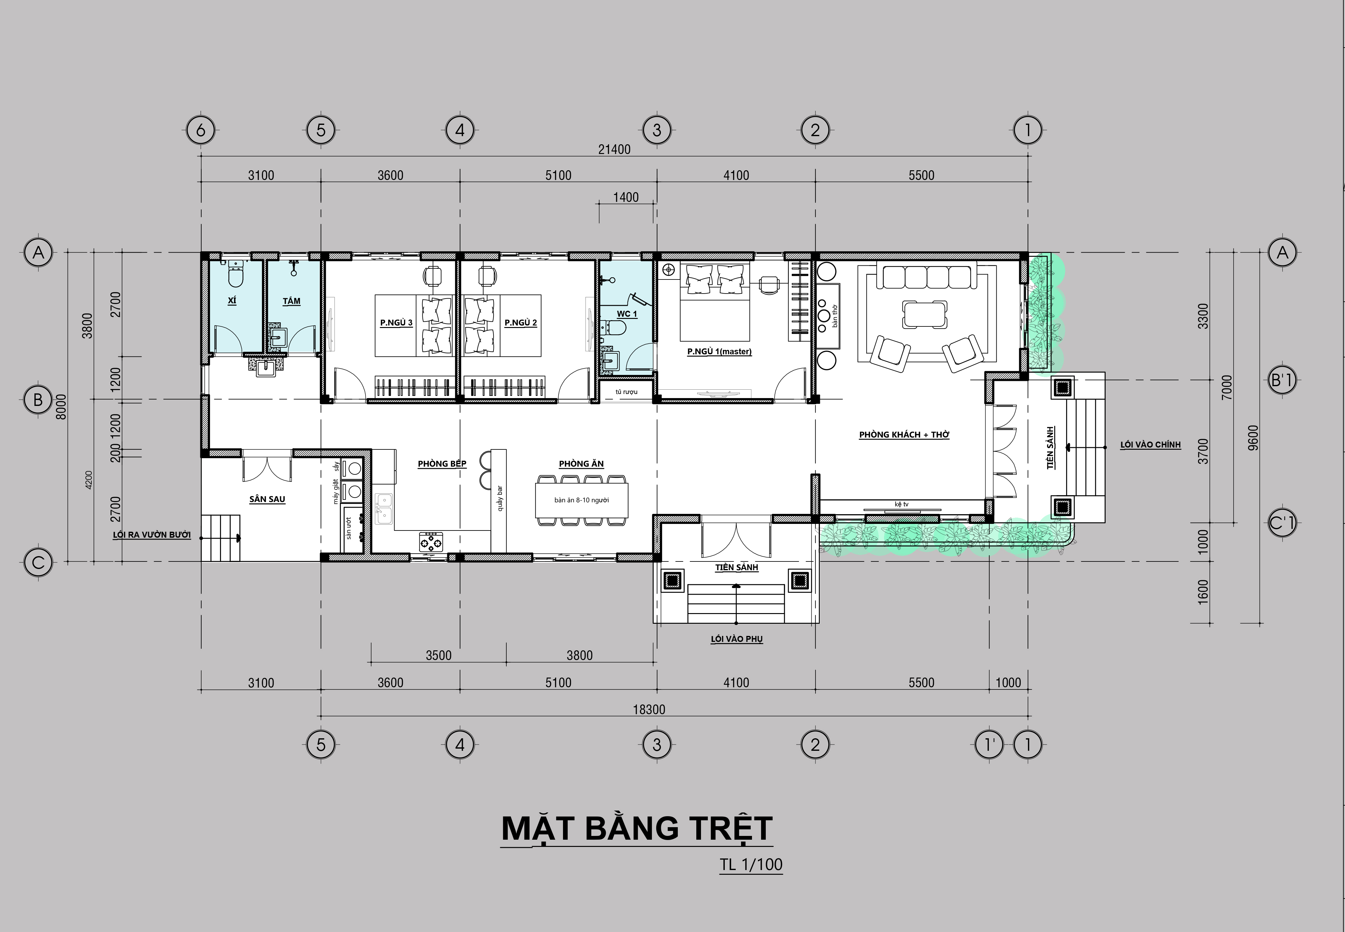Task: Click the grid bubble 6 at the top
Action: click(201, 130)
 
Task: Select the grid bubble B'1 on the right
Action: click(1282, 381)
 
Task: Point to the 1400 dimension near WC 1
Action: click(626, 197)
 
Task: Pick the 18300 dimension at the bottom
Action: click(649, 709)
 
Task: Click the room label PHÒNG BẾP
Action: click(442, 464)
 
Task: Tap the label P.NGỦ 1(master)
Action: click(719, 351)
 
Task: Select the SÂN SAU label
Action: click(267, 499)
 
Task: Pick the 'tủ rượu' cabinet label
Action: click(626, 392)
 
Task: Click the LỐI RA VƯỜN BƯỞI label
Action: click(152, 535)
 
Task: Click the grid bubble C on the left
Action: click(38, 562)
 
